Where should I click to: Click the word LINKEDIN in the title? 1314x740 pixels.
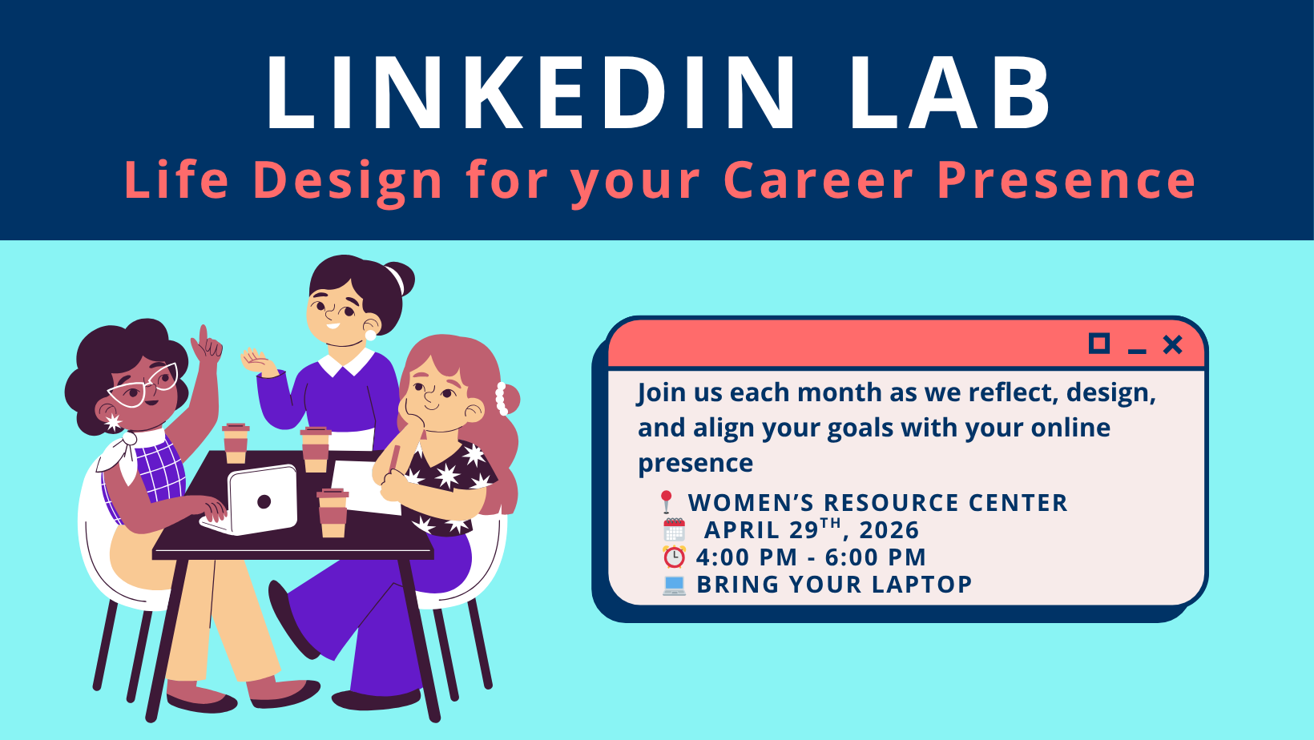(x=531, y=92)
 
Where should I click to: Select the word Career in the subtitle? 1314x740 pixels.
(x=818, y=179)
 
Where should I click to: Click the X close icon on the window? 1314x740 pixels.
(x=1173, y=345)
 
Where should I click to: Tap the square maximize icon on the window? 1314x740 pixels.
(x=1099, y=344)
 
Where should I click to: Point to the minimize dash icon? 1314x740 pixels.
(x=1137, y=352)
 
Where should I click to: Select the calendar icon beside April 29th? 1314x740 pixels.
(x=674, y=529)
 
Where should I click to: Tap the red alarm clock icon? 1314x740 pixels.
(x=674, y=557)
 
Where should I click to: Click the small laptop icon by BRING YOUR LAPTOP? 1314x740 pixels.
(x=674, y=585)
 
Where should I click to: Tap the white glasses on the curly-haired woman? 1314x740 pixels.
(x=143, y=385)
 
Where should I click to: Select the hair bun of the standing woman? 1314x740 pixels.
(x=398, y=280)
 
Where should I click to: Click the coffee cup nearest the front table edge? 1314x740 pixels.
(x=333, y=513)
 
